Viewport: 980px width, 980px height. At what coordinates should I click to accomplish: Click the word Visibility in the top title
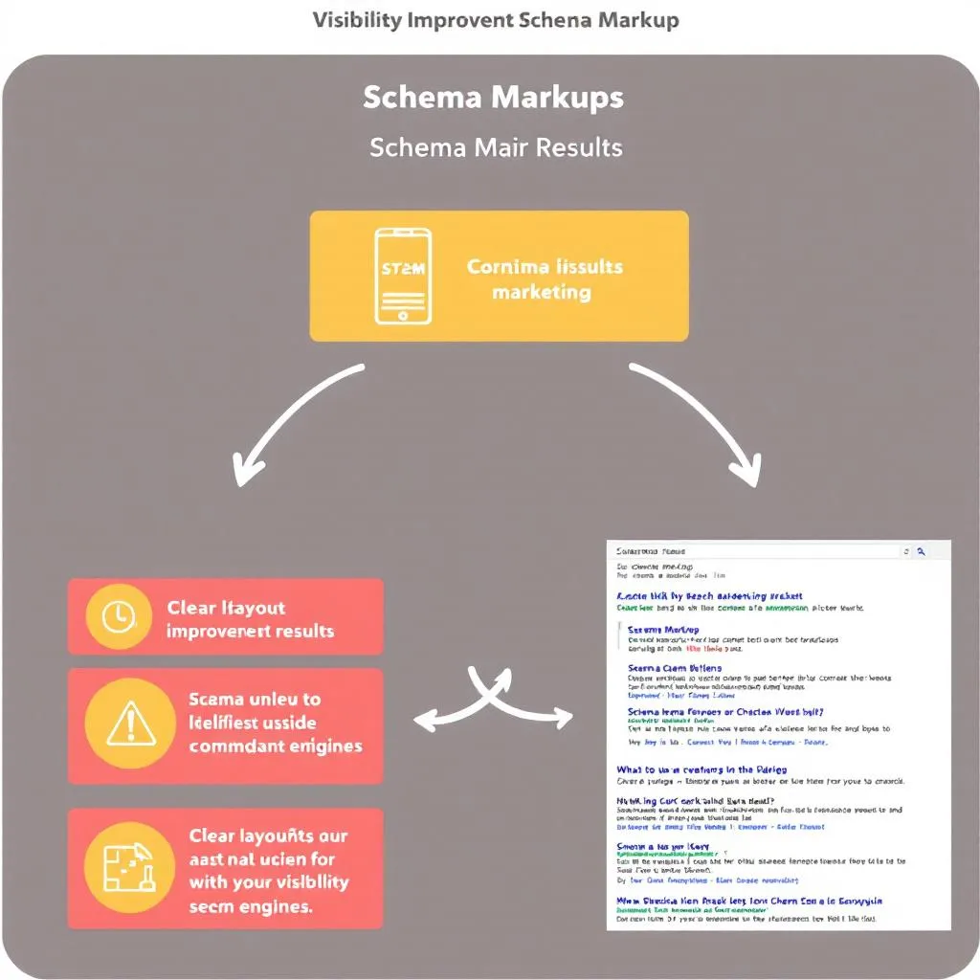(356, 21)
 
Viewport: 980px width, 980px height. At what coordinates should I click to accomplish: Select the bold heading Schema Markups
(493, 98)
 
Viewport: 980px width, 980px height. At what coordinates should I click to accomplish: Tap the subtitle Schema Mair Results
(496, 148)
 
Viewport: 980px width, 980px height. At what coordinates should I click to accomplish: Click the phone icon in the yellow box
(402, 276)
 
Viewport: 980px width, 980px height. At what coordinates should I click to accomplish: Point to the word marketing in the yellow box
(542, 292)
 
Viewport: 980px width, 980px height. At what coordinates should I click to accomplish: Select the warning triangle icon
(131, 724)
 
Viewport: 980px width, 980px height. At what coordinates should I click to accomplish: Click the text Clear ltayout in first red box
(226, 608)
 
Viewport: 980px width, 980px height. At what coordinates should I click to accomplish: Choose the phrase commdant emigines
(276, 746)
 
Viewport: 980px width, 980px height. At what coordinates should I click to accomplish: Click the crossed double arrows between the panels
(491, 703)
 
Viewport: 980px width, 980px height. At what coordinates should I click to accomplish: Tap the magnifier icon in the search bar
(921, 552)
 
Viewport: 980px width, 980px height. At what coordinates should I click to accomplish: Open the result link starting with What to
(702, 769)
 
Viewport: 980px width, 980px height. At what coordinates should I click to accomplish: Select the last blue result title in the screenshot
(748, 901)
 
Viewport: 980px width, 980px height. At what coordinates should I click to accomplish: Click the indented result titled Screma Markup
(663, 629)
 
